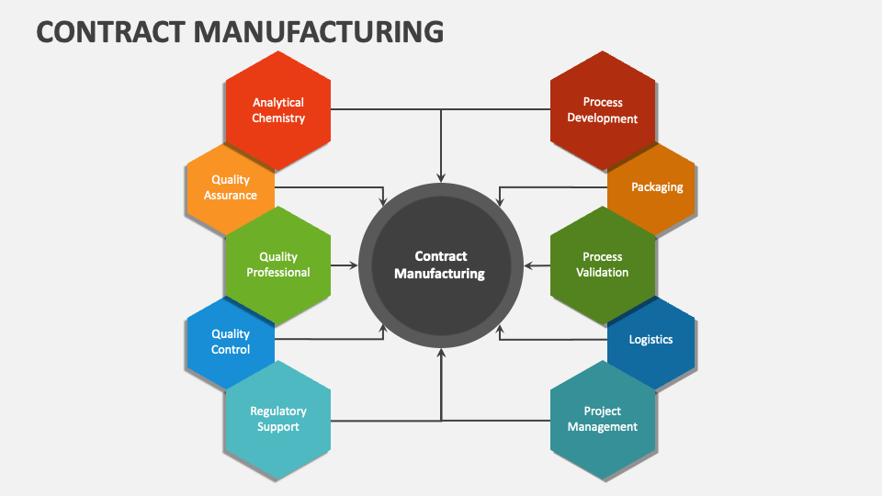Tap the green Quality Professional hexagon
pos(277,265)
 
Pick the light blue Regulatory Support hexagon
pos(277,420)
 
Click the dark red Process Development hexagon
pos(603,110)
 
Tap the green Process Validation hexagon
pos(603,265)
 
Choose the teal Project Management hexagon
pos(603,420)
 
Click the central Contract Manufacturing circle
pos(440,265)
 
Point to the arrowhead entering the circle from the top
pos(441,176)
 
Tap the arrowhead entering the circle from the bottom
pos(441,354)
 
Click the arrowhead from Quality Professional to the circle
pos(353,265)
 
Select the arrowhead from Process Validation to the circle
pos(528,265)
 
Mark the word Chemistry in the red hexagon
pos(278,118)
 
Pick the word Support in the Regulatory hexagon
pos(278,427)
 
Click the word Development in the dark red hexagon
pos(603,118)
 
